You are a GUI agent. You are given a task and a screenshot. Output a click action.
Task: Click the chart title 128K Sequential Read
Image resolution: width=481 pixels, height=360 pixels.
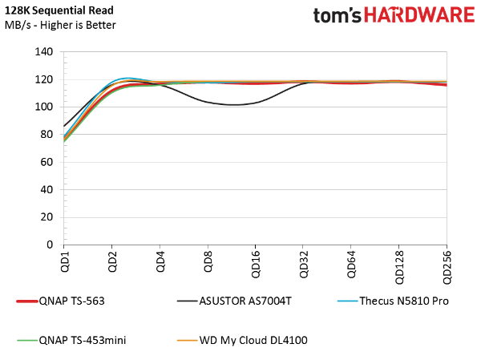point(59,10)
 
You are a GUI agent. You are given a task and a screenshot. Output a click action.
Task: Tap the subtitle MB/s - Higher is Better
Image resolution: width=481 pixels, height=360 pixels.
point(60,25)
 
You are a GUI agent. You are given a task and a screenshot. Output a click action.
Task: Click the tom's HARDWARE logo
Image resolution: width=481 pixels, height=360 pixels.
point(394,15)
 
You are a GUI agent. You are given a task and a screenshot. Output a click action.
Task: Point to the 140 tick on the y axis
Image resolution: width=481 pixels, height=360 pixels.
point(44,51)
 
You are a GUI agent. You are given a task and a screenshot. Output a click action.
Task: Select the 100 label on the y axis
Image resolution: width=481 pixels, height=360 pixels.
point(44,107)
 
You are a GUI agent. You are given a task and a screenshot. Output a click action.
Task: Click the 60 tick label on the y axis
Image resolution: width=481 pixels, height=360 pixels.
point(46,162)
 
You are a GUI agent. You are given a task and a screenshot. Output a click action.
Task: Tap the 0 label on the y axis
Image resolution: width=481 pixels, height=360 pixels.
point(50,245)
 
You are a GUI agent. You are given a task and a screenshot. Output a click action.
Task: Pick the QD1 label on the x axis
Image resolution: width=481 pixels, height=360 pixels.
point(65,261)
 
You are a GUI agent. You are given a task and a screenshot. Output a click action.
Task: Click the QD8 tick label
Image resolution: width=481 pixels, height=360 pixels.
point(208,261)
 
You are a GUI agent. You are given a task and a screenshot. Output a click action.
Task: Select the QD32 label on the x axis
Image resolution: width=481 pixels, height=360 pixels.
point(304,265)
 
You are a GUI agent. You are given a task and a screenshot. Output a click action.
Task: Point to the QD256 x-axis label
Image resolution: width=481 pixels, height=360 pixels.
point(447,267)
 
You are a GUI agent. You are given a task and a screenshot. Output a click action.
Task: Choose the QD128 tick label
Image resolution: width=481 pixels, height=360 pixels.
point(399,267)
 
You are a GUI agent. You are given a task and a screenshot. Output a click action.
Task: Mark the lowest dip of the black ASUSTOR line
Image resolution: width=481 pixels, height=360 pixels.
point(234,105)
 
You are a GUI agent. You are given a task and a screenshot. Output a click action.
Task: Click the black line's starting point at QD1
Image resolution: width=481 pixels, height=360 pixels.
point(64,126)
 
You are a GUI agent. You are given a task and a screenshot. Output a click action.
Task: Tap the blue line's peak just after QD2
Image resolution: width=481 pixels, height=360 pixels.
point(127,79)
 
